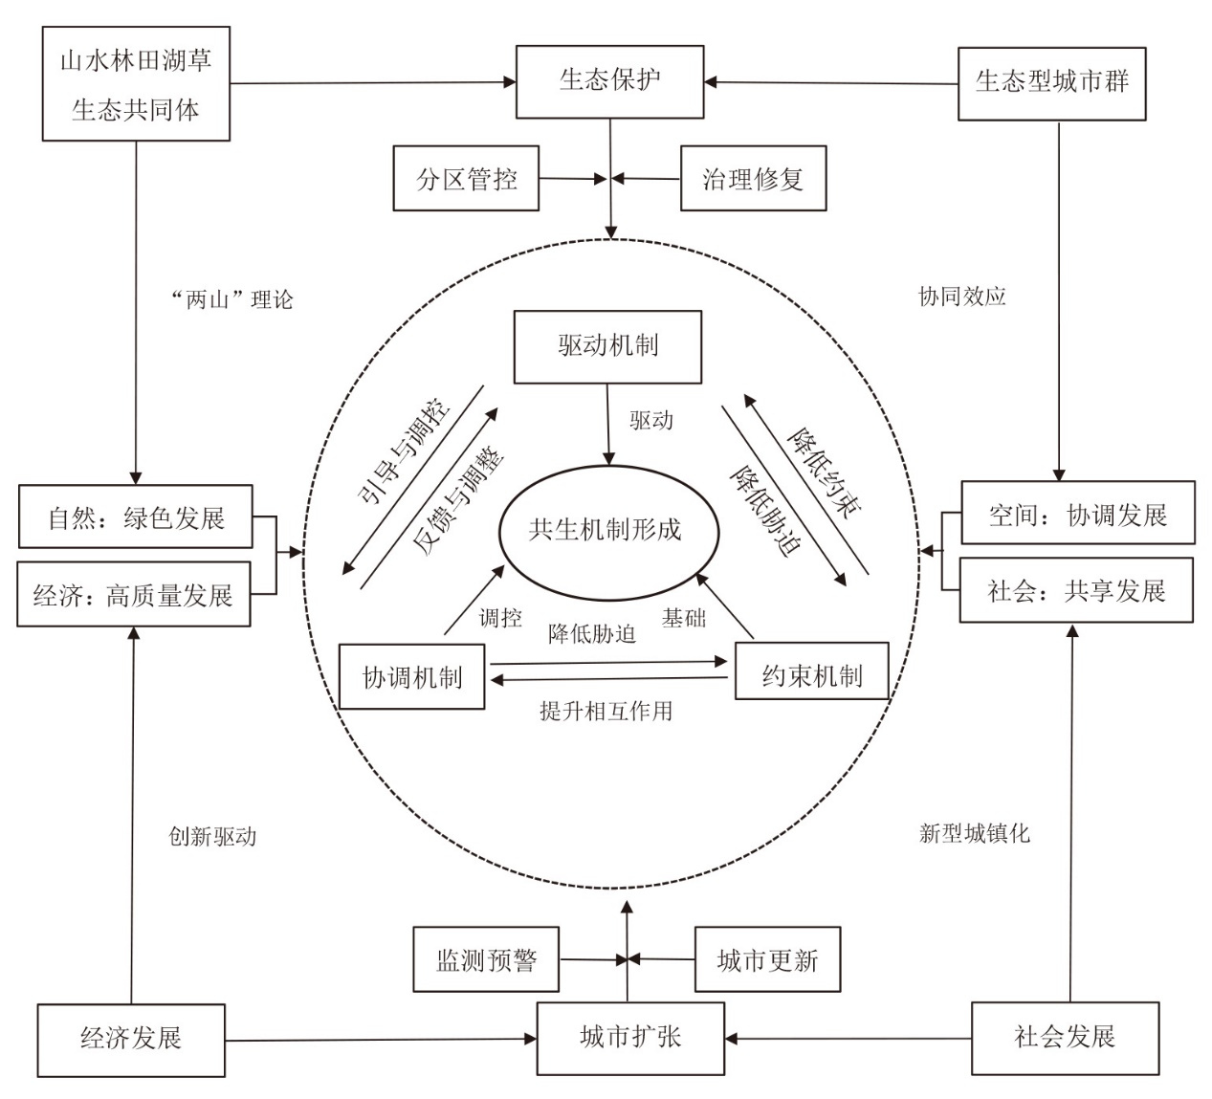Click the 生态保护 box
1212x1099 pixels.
point(609,81)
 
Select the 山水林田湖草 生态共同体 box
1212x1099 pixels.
point(136,83)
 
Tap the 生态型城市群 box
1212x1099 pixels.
point(1052,84)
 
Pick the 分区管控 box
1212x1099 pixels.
point(466,178)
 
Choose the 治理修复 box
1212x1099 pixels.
point(754,178)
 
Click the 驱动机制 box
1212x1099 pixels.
point(607,347)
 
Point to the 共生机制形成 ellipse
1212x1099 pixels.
point(609,532)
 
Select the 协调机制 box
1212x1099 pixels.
point(412,676)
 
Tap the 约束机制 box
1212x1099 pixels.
point(812,671)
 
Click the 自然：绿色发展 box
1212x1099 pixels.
point(135,517)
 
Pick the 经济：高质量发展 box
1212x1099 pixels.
point(134,594)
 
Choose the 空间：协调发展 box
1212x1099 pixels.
point(1078,513)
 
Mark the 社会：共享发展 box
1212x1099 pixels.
point(1077,590)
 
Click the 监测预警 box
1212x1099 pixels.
point(486,959)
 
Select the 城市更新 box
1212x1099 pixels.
point(767,959)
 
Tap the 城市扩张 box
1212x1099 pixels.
point(630,1039)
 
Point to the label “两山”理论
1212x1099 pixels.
point(232,299)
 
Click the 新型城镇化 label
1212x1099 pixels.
point(974,834)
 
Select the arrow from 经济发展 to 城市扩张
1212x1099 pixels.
point(381,1040)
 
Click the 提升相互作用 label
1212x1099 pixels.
point(606,711)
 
